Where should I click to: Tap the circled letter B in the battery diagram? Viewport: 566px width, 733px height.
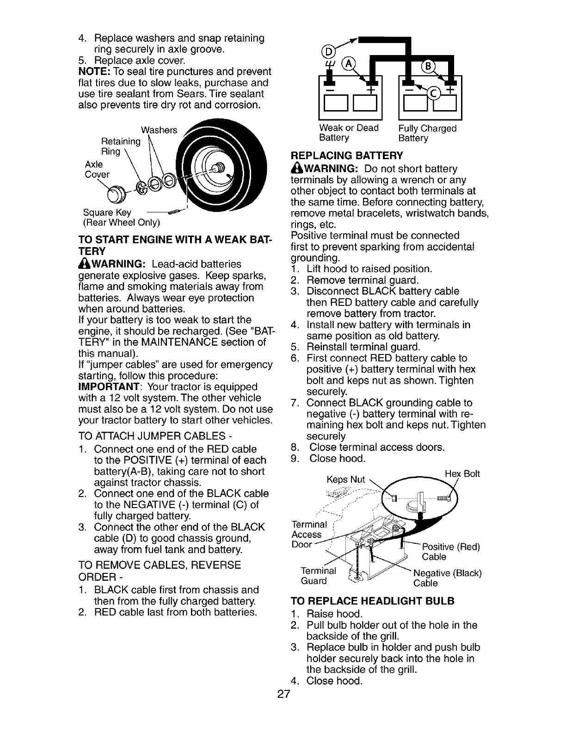428,66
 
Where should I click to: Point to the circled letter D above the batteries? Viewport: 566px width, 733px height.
324,51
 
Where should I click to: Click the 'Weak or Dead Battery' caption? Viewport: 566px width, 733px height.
349,133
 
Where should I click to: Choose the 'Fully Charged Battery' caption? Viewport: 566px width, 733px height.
427,133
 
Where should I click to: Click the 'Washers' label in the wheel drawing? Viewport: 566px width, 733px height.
160,130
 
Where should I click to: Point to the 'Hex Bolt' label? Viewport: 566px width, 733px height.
462,473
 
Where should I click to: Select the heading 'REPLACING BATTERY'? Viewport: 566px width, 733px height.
347,155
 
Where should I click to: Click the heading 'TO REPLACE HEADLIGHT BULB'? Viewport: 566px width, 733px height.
373,601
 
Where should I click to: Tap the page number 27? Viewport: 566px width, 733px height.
283,694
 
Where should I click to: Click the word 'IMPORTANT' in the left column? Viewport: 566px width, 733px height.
110,387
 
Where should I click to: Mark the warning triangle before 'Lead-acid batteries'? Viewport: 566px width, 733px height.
85,264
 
